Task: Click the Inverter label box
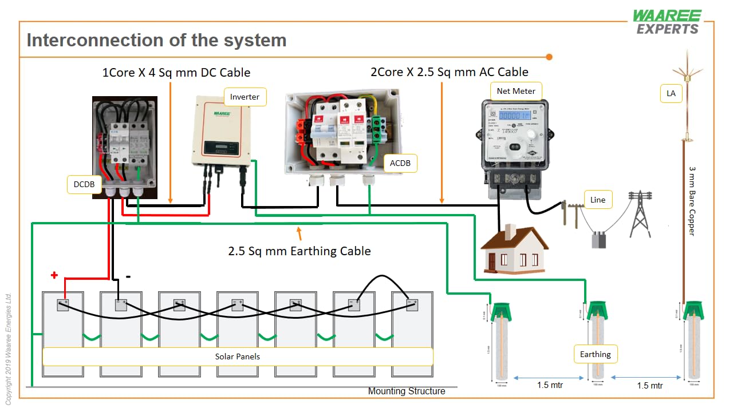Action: pos(245,97)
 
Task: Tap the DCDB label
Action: pos(84,184)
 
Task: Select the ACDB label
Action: pos(400,163)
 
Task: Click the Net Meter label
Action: pos(516,91)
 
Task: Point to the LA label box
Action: pos(671,93)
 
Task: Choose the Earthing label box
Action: pos(596,354)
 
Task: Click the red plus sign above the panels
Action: pos(54,275)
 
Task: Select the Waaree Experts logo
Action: pos(667,22)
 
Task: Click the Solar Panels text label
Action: pos(237,356)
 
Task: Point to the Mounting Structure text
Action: pos(406,391)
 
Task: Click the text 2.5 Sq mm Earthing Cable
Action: pos(299,251)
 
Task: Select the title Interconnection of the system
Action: pos(156,41)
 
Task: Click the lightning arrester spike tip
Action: pos(687,53)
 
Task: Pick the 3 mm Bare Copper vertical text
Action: pos(692,201)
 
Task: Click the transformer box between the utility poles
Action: pos(598,239)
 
